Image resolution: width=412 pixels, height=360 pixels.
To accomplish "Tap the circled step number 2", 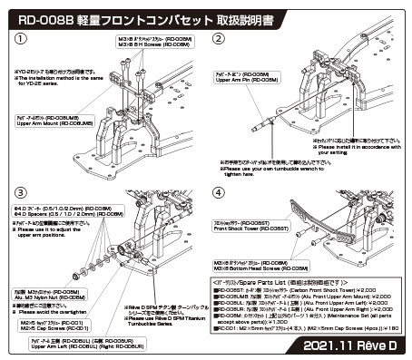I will (219, 39).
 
